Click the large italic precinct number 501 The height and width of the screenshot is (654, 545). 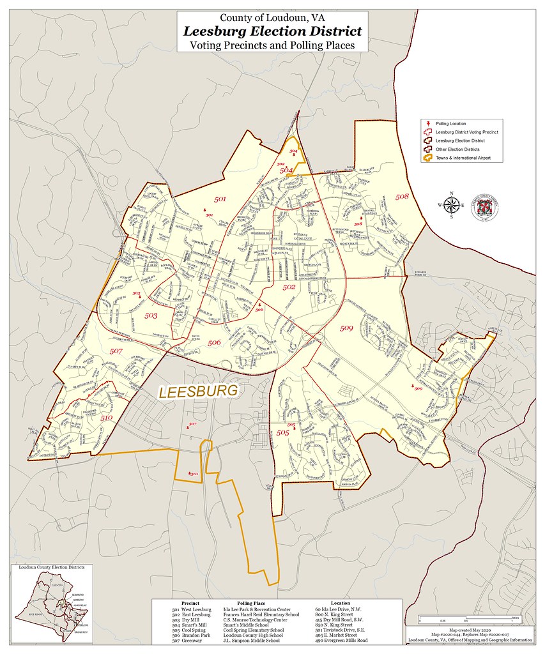(220, 200)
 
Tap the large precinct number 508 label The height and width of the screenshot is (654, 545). (402, 196)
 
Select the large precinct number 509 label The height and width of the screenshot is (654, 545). (346, 328)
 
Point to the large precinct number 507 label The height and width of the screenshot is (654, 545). (116, 351)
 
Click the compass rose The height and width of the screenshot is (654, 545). (452, 205)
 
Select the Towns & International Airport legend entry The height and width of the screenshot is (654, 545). (462, 157)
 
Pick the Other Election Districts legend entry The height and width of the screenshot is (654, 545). (457, 149)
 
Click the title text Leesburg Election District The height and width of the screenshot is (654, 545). (273, 31)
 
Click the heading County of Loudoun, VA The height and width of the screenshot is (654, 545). (272, 17)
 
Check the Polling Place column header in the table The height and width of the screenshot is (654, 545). (250, 603)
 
